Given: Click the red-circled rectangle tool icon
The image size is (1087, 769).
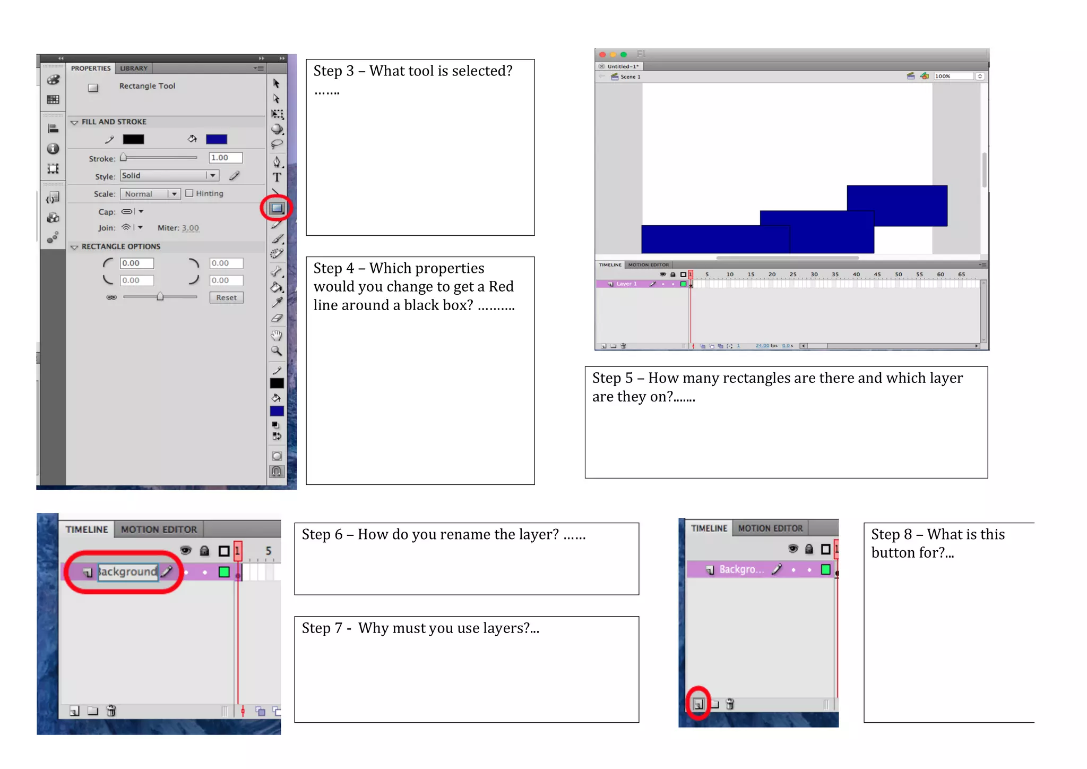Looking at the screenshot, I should click(277, 208).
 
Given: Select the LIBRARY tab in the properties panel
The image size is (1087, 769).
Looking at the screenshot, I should click(134, 68).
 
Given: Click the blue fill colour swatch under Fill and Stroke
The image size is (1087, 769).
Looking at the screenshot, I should click(216, 139).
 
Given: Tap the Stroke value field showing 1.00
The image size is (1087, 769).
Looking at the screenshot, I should click(225, 158).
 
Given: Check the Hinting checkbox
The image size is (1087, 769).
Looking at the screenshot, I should click(189, 193).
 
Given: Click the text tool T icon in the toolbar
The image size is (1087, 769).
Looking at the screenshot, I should click(277, 177).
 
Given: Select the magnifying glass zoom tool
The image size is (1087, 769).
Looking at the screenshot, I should click(277, 351).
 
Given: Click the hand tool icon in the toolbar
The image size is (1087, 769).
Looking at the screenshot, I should click(277, 335).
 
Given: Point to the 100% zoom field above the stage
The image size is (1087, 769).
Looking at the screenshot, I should click(953, 76).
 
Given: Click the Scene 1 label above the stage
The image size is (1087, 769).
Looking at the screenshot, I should click(630, 77).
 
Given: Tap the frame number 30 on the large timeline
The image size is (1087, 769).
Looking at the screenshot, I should click(814, 275).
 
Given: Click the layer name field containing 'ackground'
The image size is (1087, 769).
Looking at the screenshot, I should click(128, 572).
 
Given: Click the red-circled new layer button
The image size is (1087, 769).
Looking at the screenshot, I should click(698, 704).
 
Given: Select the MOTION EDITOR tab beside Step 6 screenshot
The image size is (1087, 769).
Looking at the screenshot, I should click(159, 529).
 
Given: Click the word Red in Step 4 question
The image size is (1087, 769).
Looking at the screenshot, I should click(501, 287).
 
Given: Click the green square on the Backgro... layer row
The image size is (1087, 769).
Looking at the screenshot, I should click(825, 569).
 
